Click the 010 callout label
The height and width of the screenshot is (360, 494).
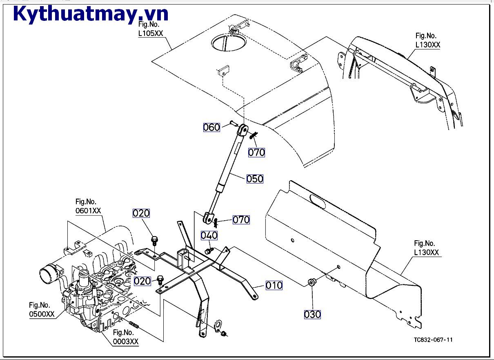(x=274, y=285)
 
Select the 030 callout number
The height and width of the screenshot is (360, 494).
(x=312, y=314)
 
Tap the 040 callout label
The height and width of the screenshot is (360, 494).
(x=209, y=235)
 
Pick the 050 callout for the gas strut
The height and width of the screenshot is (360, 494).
(x=255, y=179)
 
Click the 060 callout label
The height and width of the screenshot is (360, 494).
(x=211, y=127)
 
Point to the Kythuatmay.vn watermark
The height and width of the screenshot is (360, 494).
(x=91, y=14)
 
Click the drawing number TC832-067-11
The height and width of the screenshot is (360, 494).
(x=433, y=340)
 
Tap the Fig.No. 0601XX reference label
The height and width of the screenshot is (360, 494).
(x=88, y=206)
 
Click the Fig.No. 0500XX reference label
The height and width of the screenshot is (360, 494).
(x=41, y=309)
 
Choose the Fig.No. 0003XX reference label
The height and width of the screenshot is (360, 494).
(x=125, y=337)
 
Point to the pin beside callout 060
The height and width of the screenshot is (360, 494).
(x=232, y=123)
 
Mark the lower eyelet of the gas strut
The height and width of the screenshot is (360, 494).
(x=208, y=217)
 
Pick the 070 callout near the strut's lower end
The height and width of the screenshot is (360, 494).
(x=241, y=219)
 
